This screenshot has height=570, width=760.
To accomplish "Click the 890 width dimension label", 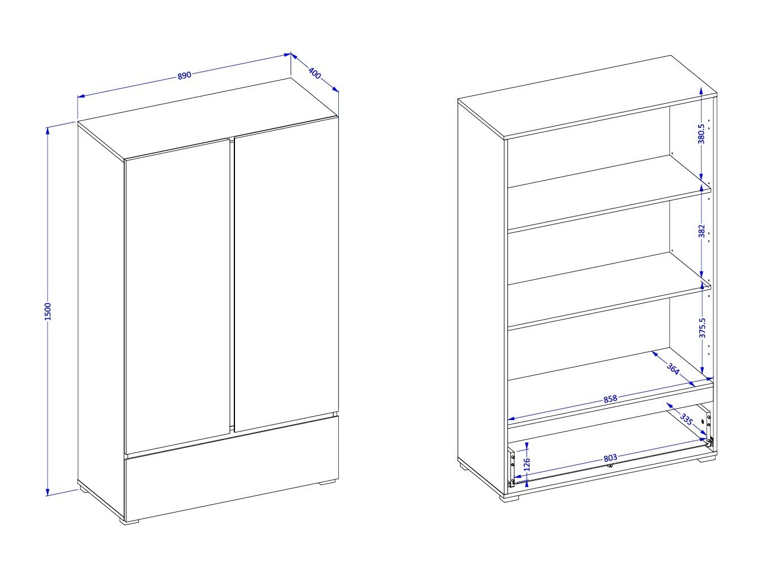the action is (x=184, y=75).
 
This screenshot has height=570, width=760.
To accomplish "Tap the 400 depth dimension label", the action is (x=314, y=73).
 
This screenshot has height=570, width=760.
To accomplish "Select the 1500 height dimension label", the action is (x=48, y=312).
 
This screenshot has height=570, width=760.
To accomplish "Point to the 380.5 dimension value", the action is (x=701, y=133).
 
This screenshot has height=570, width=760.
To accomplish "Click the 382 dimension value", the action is (x=702, y=231).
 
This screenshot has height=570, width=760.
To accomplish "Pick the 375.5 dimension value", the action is (x=702, y=328).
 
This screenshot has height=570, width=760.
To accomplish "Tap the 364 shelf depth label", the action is (x=673, y=368).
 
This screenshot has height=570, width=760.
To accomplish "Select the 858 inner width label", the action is (x=610, y=399).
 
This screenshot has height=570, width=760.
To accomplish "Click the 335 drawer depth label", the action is (x=686, y=420).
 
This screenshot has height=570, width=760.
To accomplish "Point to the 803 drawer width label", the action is (x=610, y=458).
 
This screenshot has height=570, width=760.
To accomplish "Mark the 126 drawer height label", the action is (x=527, y=464).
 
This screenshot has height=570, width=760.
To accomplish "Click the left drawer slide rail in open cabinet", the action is (x=511, y=467).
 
